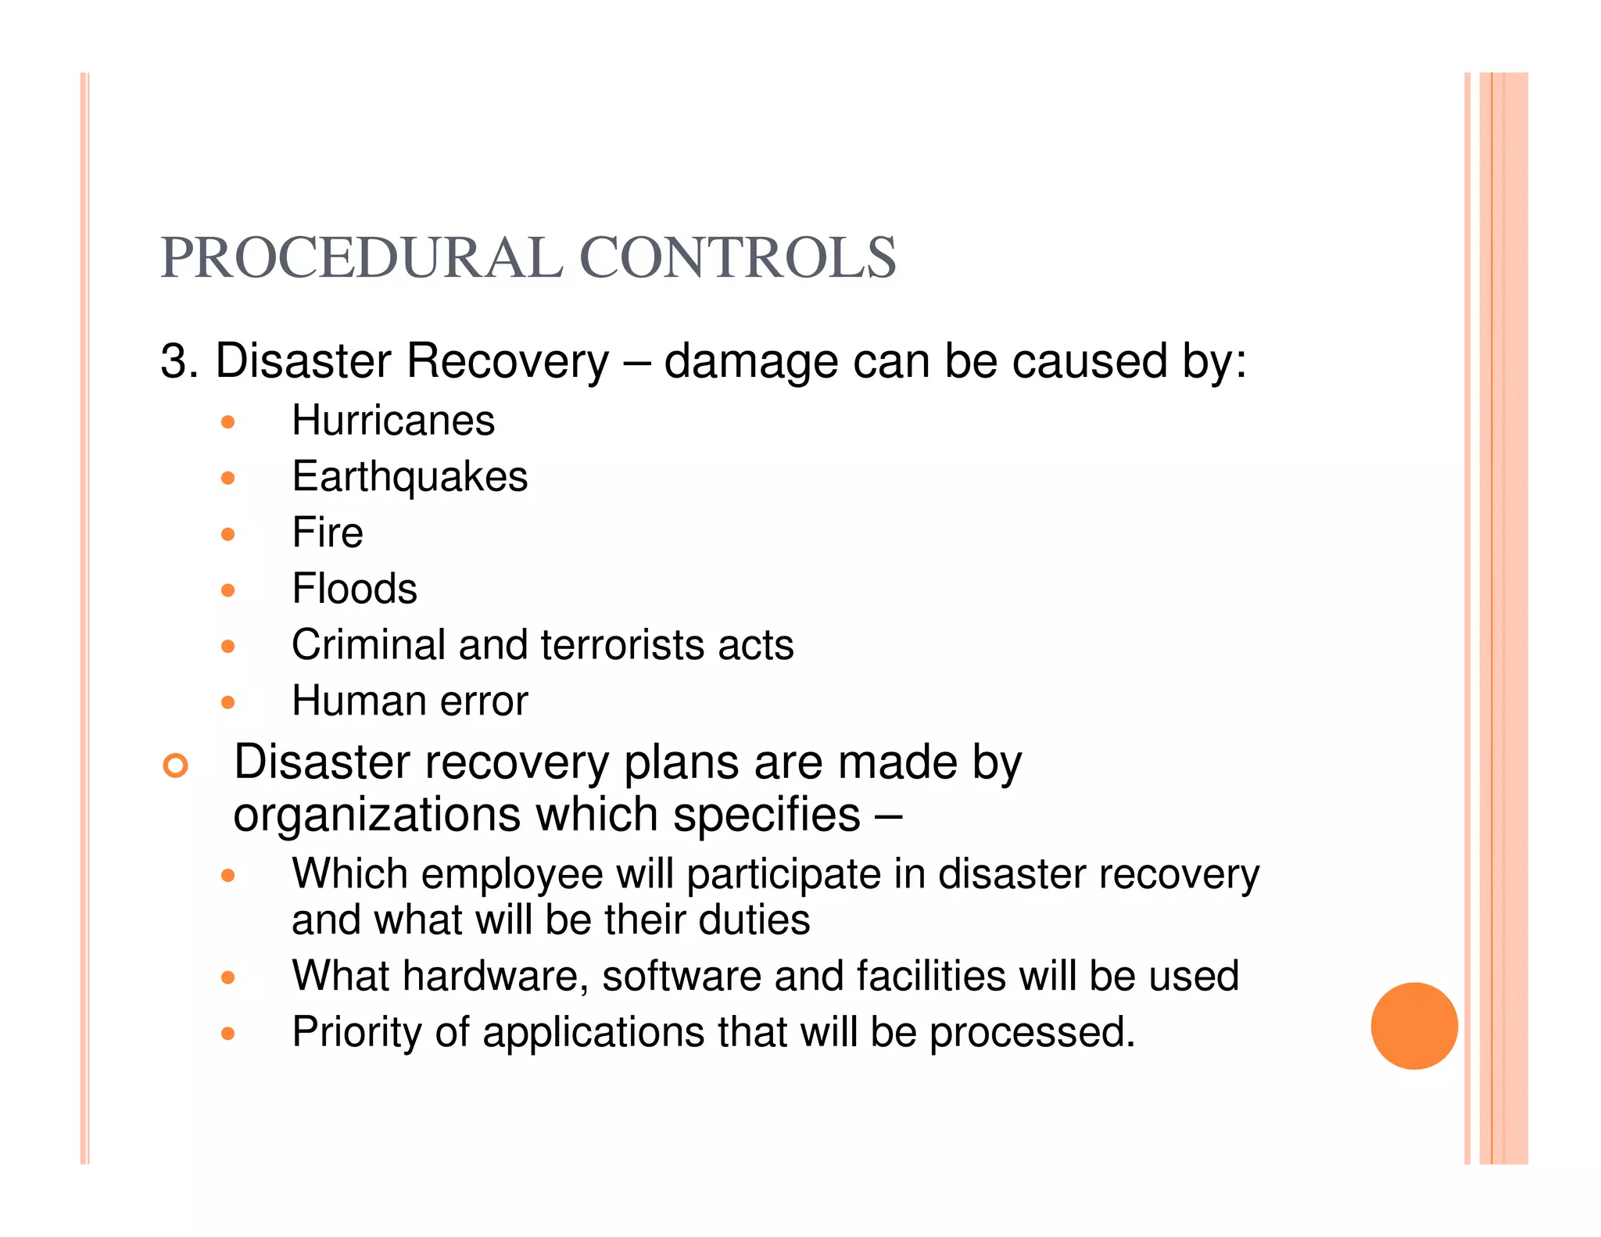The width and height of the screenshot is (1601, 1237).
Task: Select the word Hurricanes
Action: [x=393, y=421]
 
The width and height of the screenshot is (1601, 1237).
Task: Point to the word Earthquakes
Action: [x=410, y=477]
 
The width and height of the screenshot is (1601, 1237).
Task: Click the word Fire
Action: [x=328, y=533]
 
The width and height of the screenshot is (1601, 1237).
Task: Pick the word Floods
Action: [x=354, y=589]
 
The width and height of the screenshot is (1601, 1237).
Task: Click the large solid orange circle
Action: [x=1414, y=1026]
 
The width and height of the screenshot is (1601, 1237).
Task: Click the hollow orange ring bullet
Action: [x=176, y=766]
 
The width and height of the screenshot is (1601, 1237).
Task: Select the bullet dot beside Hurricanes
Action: [x=227, y=423]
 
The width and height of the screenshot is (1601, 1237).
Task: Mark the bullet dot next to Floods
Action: [x=227, y=590]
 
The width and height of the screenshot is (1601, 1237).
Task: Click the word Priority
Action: [x=356, y=1032]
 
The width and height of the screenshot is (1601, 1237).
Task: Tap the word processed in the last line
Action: [x=1032, y=1032]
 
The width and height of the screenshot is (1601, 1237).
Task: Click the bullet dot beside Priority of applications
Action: [x=227, y=1034]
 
